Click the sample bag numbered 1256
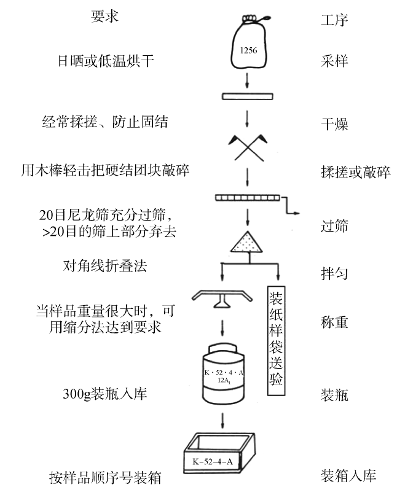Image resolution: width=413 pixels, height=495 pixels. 247,43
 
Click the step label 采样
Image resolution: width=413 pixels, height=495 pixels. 334,61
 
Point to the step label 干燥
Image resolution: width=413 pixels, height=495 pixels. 334,124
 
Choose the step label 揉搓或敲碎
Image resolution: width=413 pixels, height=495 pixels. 355,171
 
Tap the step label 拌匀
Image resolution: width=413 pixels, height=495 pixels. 334,273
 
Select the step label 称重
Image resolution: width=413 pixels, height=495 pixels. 334,322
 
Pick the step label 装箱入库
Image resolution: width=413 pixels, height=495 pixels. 348,475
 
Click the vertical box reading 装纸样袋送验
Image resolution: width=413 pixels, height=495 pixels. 276,338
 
